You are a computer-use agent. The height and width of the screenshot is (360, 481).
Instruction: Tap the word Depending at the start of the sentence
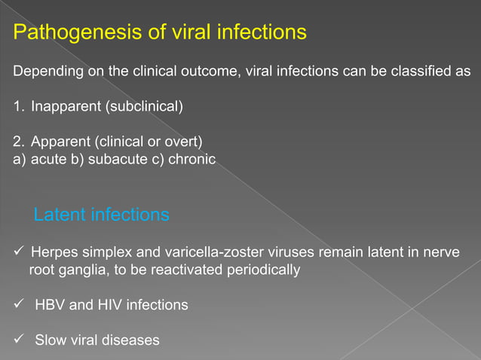click(x=44, y=72)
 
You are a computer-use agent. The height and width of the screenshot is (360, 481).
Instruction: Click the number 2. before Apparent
click(x=19, y=140)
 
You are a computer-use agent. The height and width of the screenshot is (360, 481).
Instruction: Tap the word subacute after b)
click(x=122, y=159)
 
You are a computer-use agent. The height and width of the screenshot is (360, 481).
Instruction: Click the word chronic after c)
click(x=192, y=159)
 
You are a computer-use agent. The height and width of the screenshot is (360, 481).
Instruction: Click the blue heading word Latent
click(x=60, y=215)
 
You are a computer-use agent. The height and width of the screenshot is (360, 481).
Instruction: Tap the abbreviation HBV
click(x=50, y=305)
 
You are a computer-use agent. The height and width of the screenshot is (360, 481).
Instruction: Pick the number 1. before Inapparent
click(x=19, y=105)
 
